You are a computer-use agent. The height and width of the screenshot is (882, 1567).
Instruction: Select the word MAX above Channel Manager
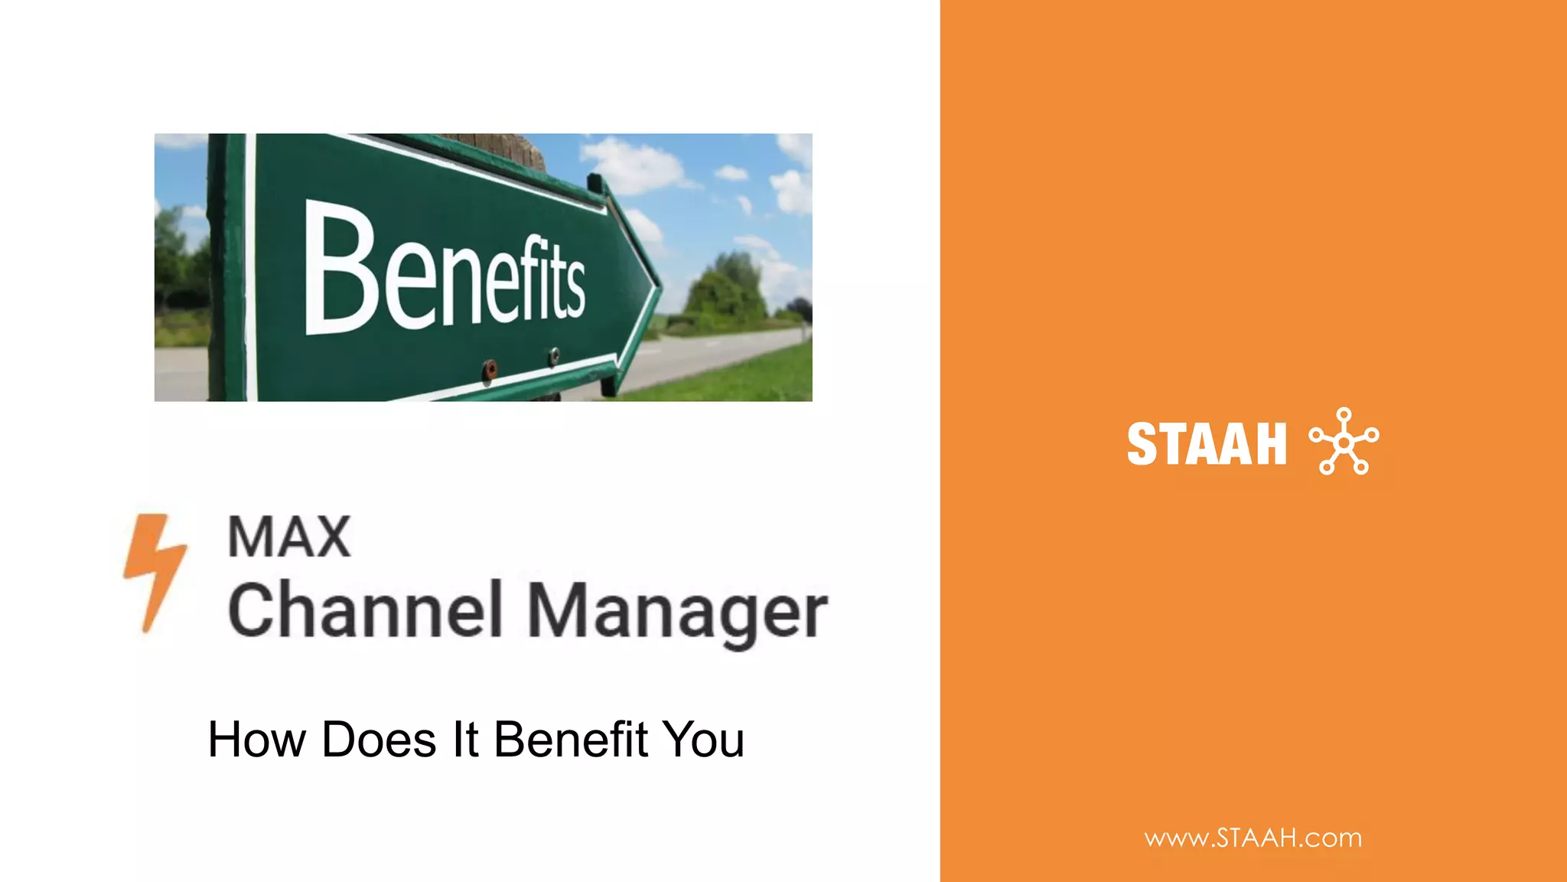[289, 537]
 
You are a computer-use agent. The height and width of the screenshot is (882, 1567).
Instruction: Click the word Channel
[365, 610]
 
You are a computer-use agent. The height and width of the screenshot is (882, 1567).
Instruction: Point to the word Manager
[677, 613]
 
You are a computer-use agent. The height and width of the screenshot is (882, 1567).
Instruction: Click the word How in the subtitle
[256, 740]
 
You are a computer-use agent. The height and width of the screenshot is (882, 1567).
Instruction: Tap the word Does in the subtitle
[379, 740]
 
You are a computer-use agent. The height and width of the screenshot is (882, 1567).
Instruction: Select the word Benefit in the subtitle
[571, 740]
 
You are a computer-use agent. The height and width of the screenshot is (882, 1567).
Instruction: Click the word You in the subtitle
[703, 740]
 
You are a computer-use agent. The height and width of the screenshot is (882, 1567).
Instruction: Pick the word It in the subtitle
[465, 740]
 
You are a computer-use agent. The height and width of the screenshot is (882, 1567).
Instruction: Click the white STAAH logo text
[1207, 444]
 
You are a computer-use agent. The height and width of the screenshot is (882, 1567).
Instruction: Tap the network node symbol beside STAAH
[1344, 442]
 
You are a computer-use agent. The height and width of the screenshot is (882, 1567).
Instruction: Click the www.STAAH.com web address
[1253, 838]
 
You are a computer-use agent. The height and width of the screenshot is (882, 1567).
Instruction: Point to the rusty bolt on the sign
[490, 371]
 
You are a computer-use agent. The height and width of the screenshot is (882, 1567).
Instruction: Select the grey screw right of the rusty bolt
[553, 355]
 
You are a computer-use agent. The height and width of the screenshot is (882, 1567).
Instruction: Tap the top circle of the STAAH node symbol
[1344, 414]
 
